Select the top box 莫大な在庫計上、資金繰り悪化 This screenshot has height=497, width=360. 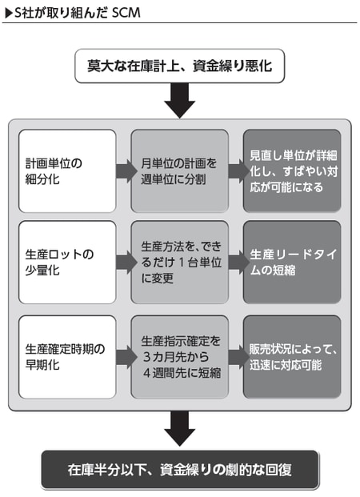point(180,65)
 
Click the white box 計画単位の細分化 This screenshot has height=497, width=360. point(67,170)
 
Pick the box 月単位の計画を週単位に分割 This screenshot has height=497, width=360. point(179,170)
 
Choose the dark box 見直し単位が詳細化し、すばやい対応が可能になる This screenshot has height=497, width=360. point(291,170)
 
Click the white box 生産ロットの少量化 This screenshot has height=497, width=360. point(67,262)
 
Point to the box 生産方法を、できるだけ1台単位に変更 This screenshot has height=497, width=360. point(179,262)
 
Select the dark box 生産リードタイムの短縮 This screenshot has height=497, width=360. point(291,262)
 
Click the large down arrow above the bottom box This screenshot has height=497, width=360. point(180,431)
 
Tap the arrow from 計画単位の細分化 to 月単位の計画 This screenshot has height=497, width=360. point(124,170)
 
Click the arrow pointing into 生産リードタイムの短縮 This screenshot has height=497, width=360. point(237,262)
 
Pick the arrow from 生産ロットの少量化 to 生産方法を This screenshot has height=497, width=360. point(124,262)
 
